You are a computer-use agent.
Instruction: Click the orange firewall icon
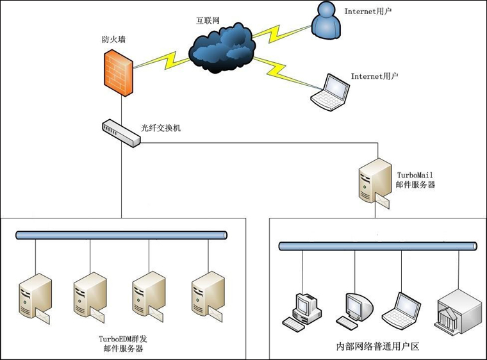(x=119, y=72)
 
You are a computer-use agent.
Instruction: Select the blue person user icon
(x=327, y=20)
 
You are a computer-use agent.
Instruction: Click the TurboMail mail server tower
(x=374, y=183)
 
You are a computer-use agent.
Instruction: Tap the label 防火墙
(x=113, y=39)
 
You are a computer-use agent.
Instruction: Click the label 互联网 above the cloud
(x=208, y=20)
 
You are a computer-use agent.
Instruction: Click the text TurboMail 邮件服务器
(x=416, y=179)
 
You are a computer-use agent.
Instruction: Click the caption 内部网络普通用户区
(x=377, y=347)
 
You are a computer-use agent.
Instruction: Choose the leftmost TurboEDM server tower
(x=36, y=297)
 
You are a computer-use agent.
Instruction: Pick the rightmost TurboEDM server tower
(x=208, y=297)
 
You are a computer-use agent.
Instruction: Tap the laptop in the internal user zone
(x=401, y=311)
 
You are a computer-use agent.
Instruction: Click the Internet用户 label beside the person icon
(x=368, y=11)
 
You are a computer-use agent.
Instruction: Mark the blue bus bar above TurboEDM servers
(x=122, y=236)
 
